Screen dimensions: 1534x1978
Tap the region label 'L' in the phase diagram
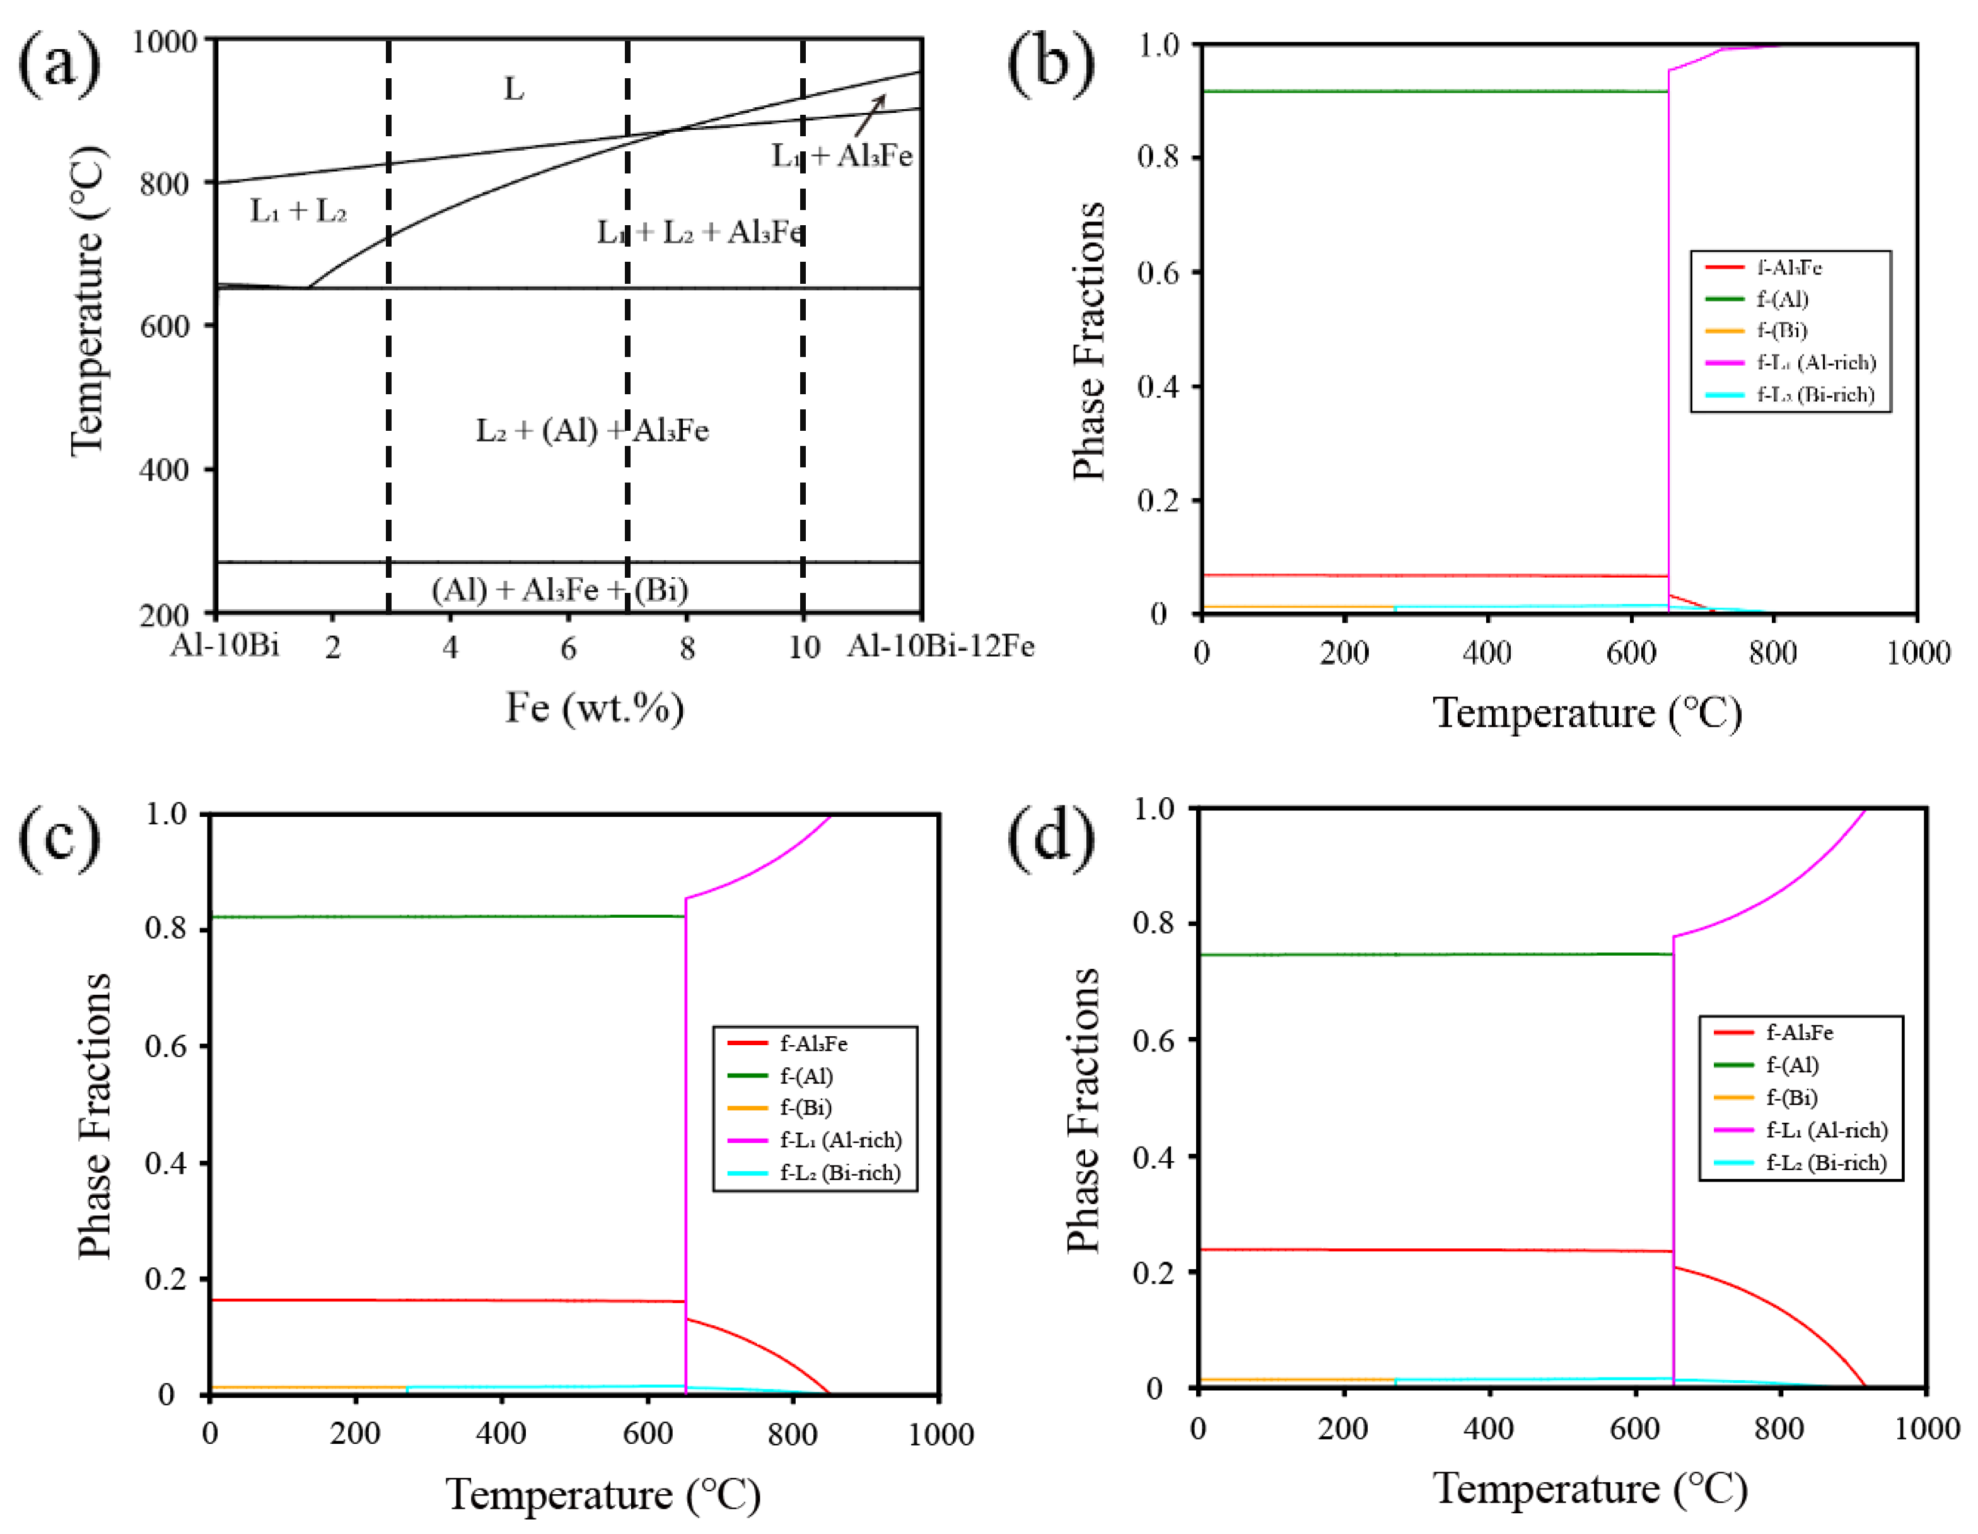(513, 89)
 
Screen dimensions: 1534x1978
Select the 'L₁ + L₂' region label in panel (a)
(298, 211)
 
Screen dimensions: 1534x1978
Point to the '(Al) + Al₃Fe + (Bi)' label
(560, 590)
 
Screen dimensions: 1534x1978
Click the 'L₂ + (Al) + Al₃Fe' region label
(592, 430)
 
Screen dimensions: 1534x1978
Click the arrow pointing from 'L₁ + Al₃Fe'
(870, 116)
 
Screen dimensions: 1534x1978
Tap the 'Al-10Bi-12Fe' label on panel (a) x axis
(940, 646)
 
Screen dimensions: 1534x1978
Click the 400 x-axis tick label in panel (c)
(501, 1434)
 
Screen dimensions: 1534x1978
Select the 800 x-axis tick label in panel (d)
(1779, 1429)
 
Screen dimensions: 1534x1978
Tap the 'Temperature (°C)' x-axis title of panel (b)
(1586, 713)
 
